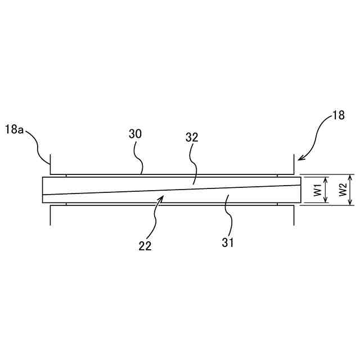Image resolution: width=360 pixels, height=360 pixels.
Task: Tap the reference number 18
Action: click(339, 116)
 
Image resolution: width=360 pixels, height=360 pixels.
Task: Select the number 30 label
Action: click(135, 134)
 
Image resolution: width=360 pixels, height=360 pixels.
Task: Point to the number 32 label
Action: click(192, 137)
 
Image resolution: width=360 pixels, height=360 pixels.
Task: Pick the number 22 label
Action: click(145, 245)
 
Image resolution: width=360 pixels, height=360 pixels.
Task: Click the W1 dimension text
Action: click(318, 190)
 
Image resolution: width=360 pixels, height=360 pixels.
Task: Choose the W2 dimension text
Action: click(341, 190)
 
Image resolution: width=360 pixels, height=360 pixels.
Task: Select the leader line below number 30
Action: click(141, 163)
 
